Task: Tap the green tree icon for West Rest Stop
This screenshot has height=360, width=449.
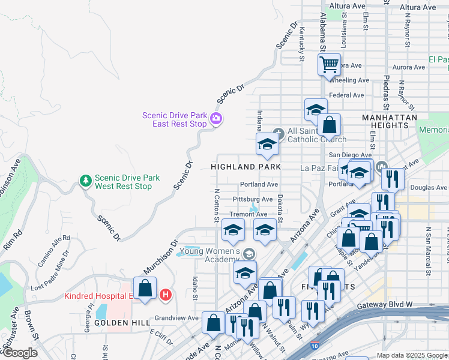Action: pos(86,181)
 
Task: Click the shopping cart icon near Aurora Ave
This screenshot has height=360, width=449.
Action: pos(329,64)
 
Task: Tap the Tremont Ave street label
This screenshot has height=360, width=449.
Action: pos(248,214)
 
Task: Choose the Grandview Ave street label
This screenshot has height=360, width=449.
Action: pos(176,318)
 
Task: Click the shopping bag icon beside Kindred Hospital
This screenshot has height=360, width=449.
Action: pos(145,287)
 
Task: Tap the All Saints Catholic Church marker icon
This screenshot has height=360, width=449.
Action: pos(277,133)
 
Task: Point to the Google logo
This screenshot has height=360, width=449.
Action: pos(20,353)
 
